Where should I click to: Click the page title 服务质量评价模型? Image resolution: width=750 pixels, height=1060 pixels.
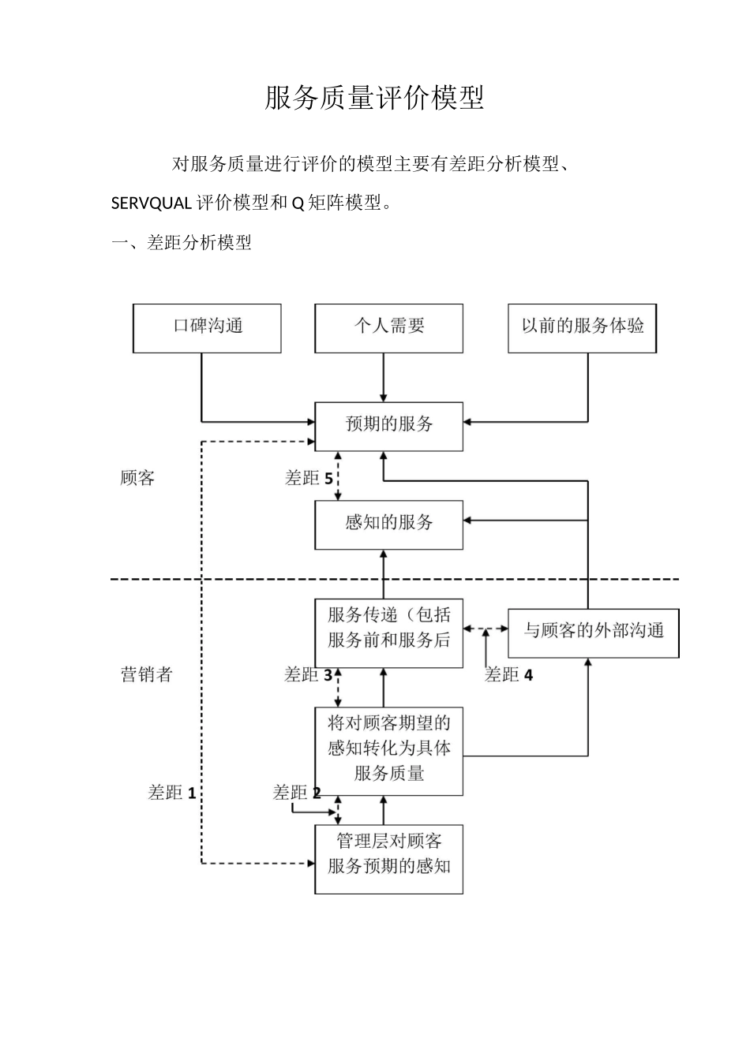[x=374, y=99]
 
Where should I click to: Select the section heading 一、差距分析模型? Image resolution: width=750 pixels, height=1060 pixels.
[x=182, y=243]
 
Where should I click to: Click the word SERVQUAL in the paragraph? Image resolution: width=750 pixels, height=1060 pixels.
[x=151, y=203]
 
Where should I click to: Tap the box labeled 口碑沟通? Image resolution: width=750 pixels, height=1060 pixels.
[x=207, y=327]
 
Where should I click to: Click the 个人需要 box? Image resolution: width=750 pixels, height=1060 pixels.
[x=388, y=327]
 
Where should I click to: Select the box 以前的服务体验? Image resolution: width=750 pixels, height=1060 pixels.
[x=582, y=327]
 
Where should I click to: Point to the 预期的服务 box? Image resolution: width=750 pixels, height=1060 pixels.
[x=388, y=426]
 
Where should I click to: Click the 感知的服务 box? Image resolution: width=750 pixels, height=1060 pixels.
[x=388, y=524]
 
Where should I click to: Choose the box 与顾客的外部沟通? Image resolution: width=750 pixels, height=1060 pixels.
[x=593, y=633]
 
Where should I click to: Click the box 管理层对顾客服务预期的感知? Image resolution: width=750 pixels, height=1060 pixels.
[x=388, y=858]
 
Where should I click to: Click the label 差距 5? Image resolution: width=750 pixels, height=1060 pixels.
[x=308, y=479]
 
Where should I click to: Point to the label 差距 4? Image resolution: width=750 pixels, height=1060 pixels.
[x=508, y=675]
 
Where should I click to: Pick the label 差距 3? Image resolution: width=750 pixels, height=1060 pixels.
[x=308, y=675]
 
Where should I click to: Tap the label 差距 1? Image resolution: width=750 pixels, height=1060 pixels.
[x=171, y=793]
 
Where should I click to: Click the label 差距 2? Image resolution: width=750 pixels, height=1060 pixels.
[x=296, y=793]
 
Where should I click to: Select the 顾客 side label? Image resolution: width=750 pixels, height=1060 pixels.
[x=137, y=479]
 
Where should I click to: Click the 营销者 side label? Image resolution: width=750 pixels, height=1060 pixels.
[x=146, y=675]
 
